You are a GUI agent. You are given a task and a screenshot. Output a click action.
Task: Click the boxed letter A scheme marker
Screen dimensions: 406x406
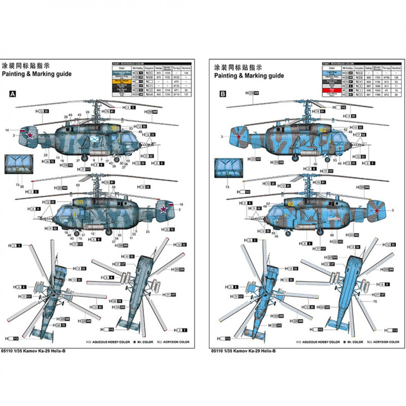tap(13, 94)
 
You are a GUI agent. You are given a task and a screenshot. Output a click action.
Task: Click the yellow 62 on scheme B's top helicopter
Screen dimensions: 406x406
tap(322, 130)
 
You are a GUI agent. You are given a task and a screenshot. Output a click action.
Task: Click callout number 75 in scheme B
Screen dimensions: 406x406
tap(375, 302)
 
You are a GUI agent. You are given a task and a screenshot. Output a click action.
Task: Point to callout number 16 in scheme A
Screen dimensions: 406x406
tap(181, 204)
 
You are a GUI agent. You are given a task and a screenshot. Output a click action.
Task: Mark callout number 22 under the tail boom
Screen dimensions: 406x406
tap(45, 154)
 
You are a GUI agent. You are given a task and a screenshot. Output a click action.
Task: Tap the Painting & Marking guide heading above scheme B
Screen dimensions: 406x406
tap(248, 75)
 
